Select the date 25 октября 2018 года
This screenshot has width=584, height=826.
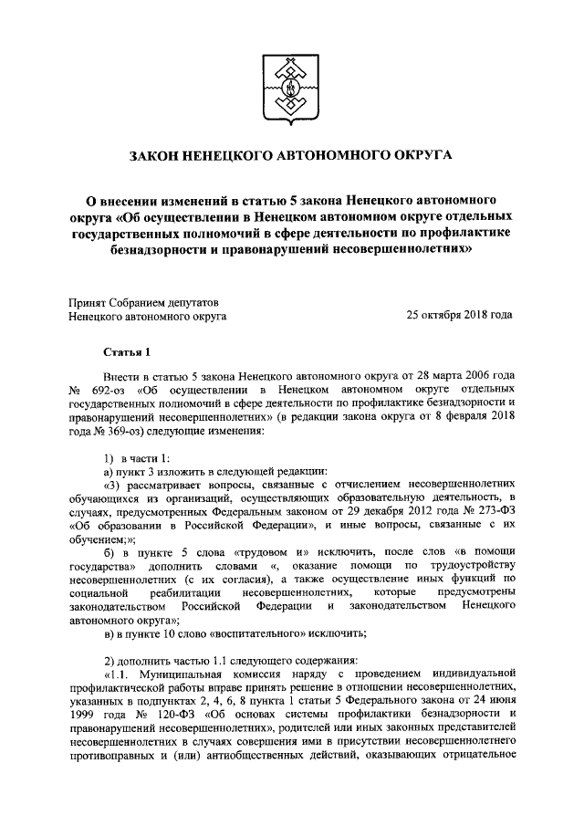pos(459,315)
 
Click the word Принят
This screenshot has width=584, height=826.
pos(90,300)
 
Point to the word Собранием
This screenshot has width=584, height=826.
pos(143,300)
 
